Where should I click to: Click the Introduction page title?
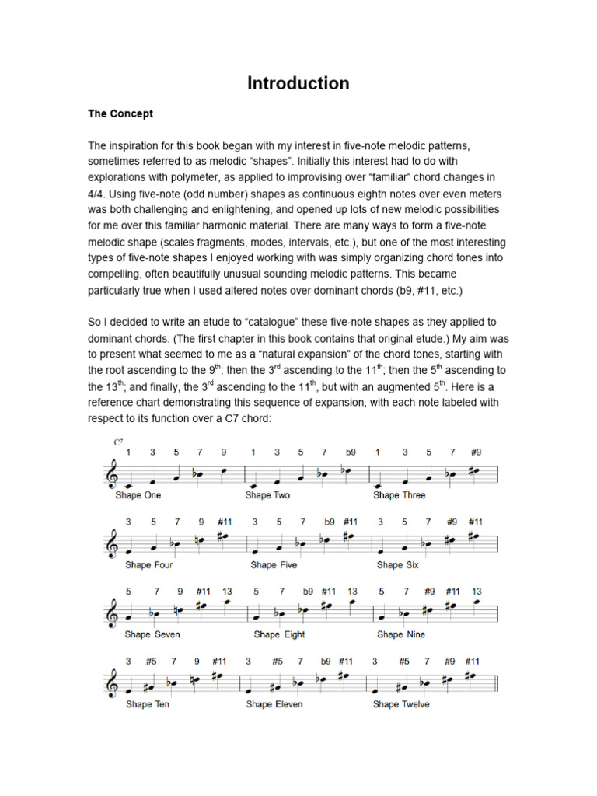tap(298, 83)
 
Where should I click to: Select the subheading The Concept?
tap(120, 113)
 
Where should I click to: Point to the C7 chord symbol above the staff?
tap(118, 442)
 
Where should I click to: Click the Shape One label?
tap(138, 495)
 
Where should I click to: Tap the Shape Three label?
tap(400, 495)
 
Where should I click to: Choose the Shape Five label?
tap(274, 565)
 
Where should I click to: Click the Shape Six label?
tap(397, 565)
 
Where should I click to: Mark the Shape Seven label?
tap(152, 634)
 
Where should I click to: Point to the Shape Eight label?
tap(280, 634)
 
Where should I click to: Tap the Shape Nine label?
tap(401, 634)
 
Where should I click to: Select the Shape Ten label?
tap(148, 704)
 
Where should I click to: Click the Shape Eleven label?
tap(274, 704)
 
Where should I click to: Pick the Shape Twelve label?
tap(400, 704)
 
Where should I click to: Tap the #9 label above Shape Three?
tap(476, 452)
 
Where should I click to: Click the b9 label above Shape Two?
tap(350, 452)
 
